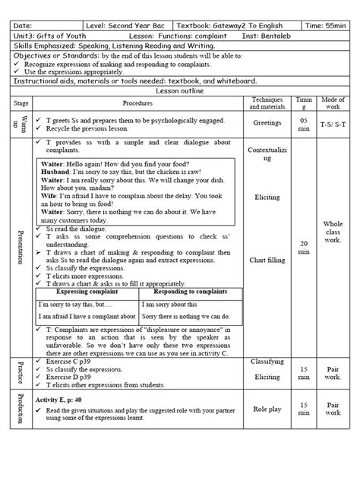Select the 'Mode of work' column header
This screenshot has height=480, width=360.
pyautogui.click(x=331, y=103)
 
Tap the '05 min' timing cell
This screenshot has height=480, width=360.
pyautogui.click(x=304, y=123)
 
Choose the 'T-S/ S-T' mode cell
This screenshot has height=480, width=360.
pyautogui.click(x=331, y=123)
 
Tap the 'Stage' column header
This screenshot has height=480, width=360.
pyautogui.click(x=21, y=103)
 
